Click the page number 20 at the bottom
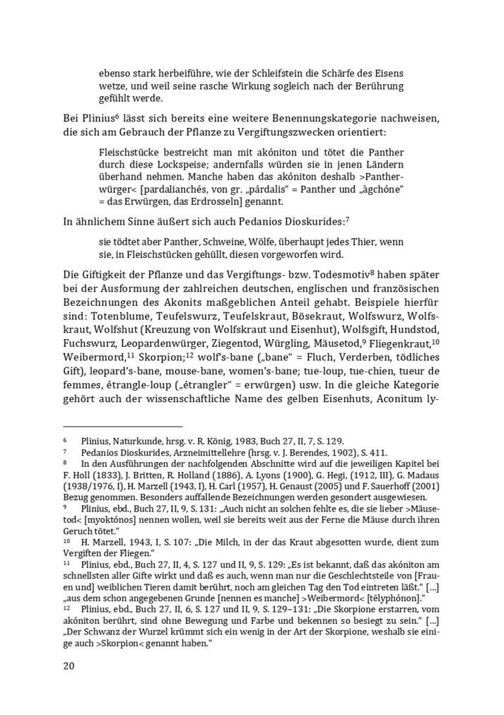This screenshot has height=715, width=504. coord(69,665)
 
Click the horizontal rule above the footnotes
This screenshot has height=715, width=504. coord(123,426)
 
